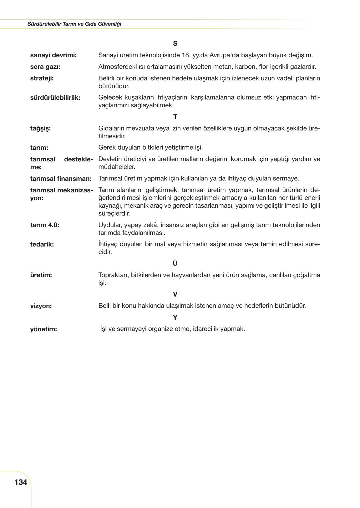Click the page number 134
21,482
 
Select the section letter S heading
175,43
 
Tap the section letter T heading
175,117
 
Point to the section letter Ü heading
175,263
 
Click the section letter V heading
175,294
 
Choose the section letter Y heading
175,317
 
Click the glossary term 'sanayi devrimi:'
53,55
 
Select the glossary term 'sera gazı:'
45,67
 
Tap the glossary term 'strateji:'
42,79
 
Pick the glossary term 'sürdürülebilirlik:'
55,98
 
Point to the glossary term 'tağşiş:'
40,129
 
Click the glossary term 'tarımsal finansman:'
61,179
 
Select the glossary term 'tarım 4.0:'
44,225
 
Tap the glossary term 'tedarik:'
42,245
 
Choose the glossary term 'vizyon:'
41,306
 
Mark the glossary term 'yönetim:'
43,329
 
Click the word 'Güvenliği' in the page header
111,24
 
